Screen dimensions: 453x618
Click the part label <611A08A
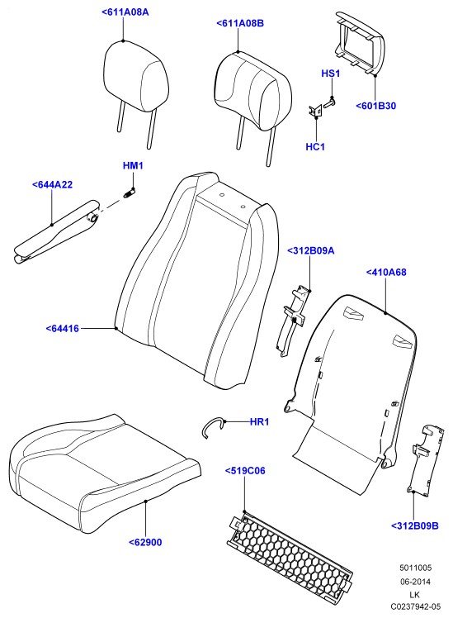[x=125, y=12]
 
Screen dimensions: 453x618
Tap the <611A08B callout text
[x=240, y=23]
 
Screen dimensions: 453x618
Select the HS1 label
[x=331, y=74]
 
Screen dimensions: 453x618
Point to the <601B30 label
[x=376, y=106]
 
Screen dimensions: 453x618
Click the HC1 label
[x=315, y=147]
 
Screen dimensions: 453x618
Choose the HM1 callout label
[x=133, y=165]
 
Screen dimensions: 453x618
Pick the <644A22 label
[x=52, y=185]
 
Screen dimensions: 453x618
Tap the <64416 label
[x=62, y=328]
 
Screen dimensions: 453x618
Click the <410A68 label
[x=386, y=273]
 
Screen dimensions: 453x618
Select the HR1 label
[x=259, y=422]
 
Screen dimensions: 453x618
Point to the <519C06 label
[x=245, y=471]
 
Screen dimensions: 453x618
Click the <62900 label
[x=145, y=542]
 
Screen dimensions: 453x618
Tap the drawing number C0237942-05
[x=416, y=606]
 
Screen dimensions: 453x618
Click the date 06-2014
[x=416, y=582]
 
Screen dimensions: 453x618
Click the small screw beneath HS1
[x=330, y=104]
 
